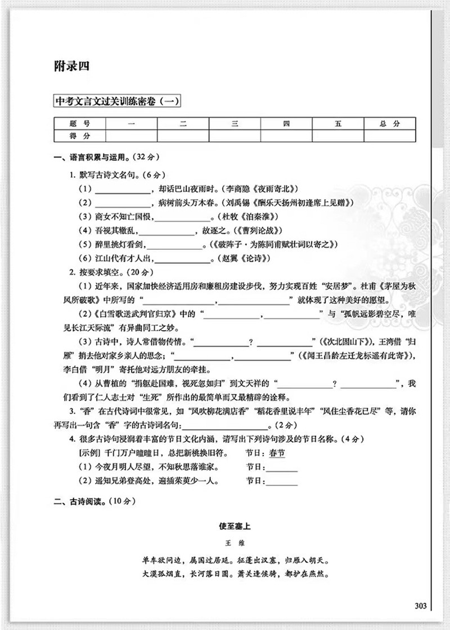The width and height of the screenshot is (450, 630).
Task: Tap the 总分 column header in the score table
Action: tap(389, 124)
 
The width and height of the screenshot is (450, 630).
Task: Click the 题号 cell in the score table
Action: tap(79, 124)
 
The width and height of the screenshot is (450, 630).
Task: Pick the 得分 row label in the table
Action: tap(79, 136)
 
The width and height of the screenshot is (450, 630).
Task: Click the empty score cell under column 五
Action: tap(337, 136)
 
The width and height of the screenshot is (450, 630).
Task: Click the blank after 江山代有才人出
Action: tap(182, 259)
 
